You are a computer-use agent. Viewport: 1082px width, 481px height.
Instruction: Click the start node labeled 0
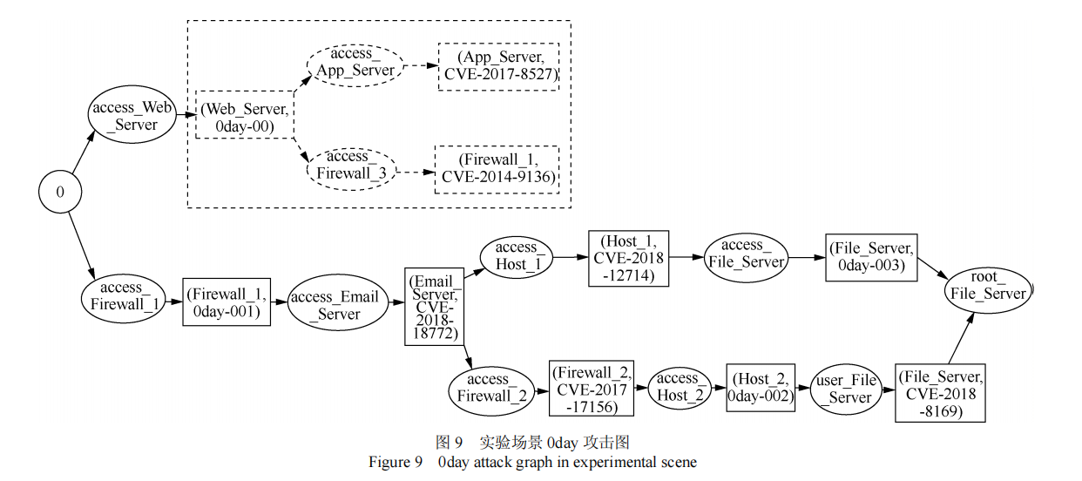tap(60, 192)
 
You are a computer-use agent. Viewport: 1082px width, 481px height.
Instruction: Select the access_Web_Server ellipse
tap(132, 115)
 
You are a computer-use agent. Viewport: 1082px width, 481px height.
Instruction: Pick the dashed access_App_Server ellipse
tap(355, 62)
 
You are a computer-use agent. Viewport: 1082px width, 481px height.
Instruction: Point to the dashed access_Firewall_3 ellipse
tap(350, 166)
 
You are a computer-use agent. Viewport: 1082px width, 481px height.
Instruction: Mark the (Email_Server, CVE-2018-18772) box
tap(433, 306)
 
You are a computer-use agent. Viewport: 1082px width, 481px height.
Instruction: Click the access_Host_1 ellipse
tap(517, 256)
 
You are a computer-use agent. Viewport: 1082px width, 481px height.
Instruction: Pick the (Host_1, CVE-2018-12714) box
tap(628, 259)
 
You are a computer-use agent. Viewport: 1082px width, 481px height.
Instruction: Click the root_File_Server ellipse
tap(987, 286)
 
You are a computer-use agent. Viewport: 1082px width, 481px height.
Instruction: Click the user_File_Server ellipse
tap(846, 389)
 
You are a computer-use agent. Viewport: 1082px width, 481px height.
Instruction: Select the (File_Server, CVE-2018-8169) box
tap(939, 393)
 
